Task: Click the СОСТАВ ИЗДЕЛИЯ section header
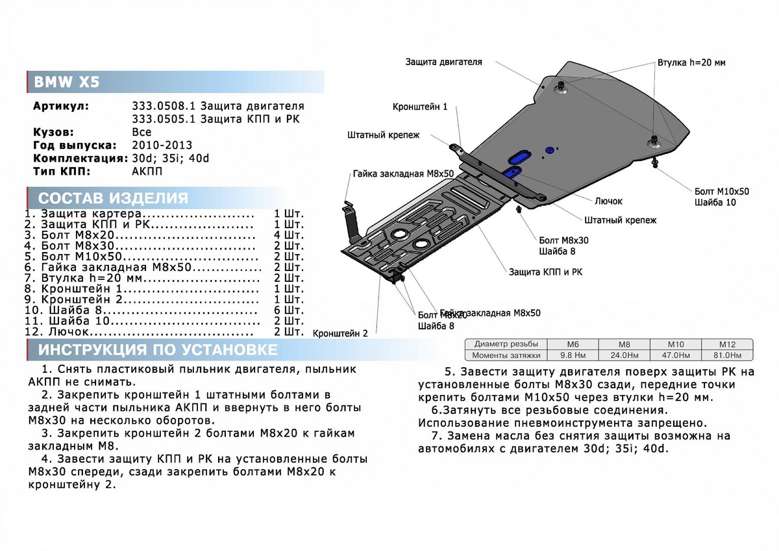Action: [x=113, y=198]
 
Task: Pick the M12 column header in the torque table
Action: [x=726, y=344]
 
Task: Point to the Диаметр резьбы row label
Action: [x=506, y=344]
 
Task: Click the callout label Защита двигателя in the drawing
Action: [x=443, y=62]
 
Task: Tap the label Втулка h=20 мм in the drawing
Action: [x=691, y=63]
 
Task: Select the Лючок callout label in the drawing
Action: [x=608, y=201]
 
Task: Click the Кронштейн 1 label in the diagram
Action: [x=419, y=106]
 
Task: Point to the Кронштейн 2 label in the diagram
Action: [x=340, y=333]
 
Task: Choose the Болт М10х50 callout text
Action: [x=721, y=192]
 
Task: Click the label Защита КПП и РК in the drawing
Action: [x=545, y=272]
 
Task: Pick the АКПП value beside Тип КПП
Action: [x=147, y=172]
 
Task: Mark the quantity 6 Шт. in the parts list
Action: [x=289, y=310]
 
